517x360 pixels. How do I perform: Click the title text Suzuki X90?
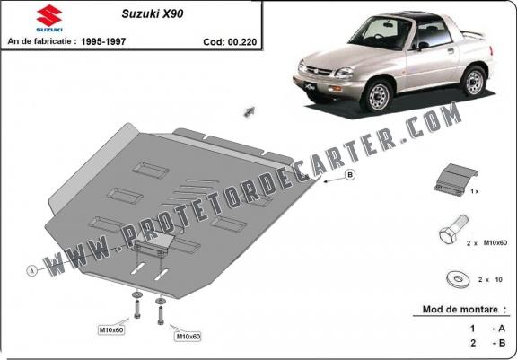pos(153,13)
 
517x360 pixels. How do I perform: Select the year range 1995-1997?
pos(103,41)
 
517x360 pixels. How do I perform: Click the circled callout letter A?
pos(32,271)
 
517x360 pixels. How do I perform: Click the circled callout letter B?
pos(350,174)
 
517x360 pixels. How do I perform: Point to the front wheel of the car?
pos(378,96)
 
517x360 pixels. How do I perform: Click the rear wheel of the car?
pos(474,81)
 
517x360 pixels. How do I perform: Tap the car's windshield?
pos(379,32)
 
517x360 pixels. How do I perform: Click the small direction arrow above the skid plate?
pos(249,111)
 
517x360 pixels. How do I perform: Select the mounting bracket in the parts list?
pos(456,180)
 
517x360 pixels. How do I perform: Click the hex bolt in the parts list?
pos(453,230)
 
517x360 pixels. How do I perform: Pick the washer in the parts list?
pos(459,279)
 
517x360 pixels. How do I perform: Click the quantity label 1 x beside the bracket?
pos(475,191)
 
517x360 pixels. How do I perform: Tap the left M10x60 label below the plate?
pos(111,329)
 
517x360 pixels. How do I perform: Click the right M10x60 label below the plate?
pos(188,337)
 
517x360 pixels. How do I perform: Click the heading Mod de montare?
pos(460,310)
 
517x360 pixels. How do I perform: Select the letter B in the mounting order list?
pos(502,343)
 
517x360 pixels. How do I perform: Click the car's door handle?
pos(451,50)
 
